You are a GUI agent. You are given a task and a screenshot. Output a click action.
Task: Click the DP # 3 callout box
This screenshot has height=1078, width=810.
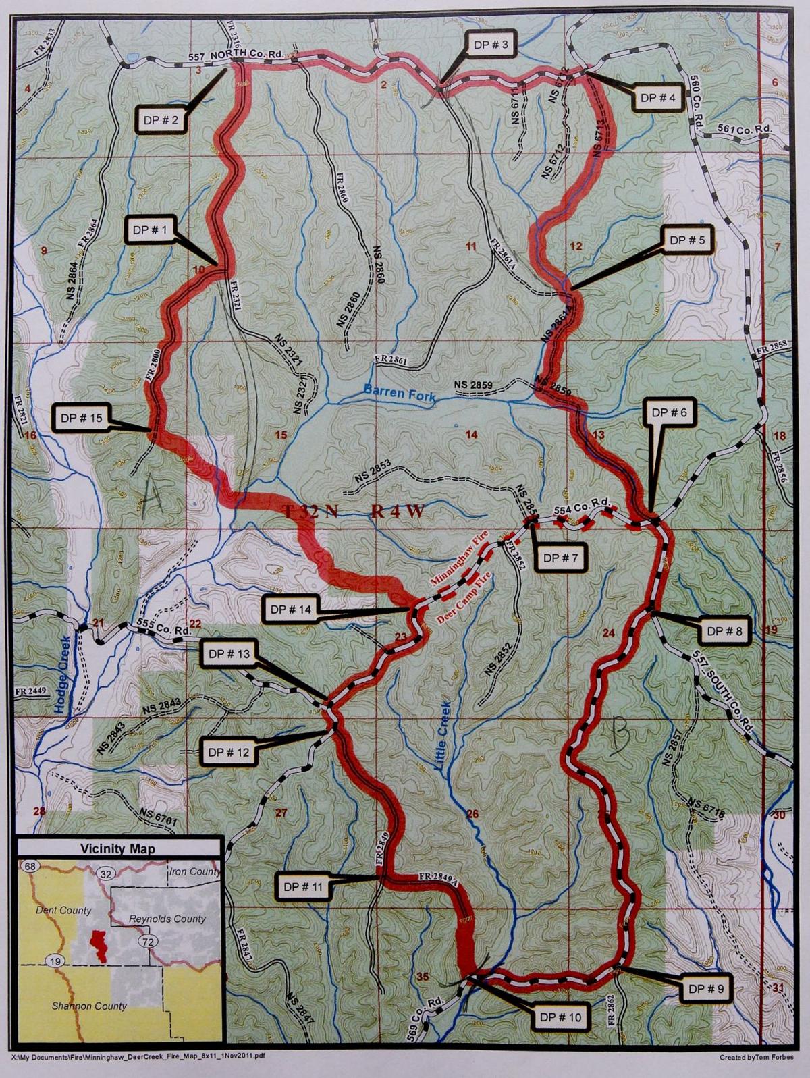pos(490,47)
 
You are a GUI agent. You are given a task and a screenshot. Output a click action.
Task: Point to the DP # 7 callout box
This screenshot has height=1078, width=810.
pos(560,558)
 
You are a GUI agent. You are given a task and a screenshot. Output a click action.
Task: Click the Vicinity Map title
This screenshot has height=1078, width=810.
pos(117,849)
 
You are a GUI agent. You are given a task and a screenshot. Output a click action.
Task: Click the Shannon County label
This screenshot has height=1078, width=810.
pos(89,1006)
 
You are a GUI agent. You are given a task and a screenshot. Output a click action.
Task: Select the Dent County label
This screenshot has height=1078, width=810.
pos(63,910)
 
